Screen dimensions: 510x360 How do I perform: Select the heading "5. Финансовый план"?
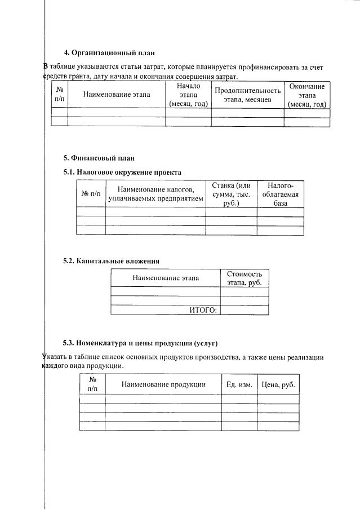click(99, 158)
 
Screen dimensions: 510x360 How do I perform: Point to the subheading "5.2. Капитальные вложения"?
click(111, 261)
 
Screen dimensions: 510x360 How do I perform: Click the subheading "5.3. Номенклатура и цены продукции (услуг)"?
click(140, 343)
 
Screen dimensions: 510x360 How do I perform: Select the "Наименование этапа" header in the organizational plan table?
click(117, 95)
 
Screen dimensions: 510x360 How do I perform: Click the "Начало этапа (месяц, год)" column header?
click(188, 95)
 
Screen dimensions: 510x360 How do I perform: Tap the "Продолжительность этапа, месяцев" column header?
click(247, 95)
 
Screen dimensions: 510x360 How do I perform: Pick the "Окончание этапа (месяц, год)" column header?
click(306, 95)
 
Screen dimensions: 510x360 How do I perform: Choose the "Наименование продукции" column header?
click(163, 384)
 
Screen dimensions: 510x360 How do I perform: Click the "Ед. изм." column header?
click(239, 384)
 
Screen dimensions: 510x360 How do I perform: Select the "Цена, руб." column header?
click(278, 384)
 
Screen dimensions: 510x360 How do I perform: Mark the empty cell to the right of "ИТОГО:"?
click(244, 310)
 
